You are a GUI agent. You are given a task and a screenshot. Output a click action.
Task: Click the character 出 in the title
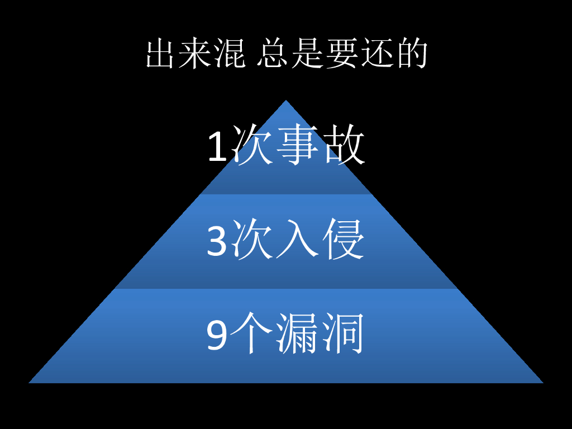click(x=160, y=54)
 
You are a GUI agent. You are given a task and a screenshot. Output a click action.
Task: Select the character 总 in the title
click(x=273, y=54)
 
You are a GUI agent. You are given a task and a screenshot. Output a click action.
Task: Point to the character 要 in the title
click(x=342, y=54)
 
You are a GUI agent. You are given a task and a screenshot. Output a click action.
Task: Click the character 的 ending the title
click(x=412, y=54)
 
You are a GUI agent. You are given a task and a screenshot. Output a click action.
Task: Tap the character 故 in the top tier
click(x=345, y=145)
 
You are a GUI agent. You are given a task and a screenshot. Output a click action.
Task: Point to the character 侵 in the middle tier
click(x=345, y=240)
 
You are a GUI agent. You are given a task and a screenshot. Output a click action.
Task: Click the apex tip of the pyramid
click(x=286, y=101)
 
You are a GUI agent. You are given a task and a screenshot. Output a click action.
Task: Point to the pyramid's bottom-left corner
click(x=30, y=382)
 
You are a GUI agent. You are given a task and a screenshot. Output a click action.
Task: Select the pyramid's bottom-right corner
click(x=542, y=382)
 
